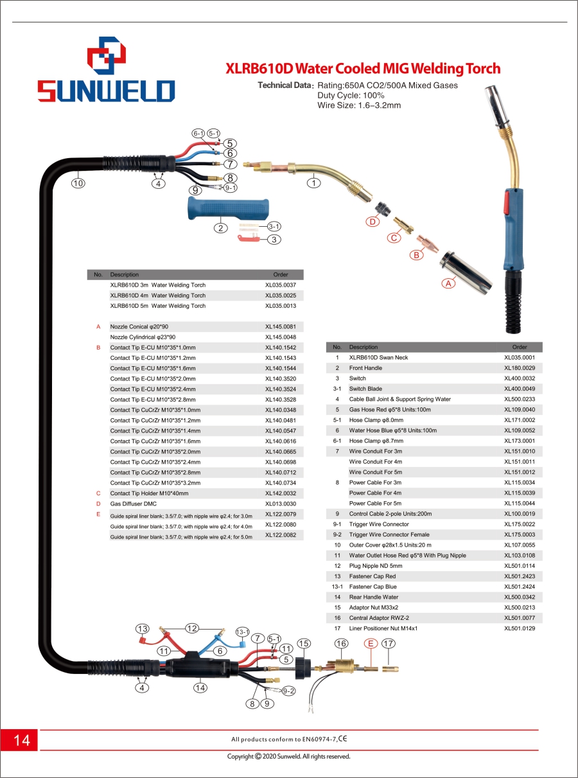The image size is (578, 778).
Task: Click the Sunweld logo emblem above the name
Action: [106, 55]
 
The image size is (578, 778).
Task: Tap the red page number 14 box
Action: [19, 740]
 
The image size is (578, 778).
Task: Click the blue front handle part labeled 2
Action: [229, 208]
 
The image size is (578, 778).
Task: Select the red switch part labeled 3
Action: [249, 238]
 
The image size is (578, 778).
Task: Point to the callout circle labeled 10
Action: [78, 182]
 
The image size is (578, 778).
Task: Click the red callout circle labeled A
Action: [448, 283]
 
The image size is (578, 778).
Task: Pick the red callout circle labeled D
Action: [372, 222]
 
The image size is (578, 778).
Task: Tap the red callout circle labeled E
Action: [371, 643]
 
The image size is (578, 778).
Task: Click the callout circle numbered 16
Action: [341, 643]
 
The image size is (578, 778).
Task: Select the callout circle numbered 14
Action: [200, 687]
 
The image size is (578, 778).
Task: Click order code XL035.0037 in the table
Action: [280, 285]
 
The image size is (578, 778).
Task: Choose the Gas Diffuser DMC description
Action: [134, 504]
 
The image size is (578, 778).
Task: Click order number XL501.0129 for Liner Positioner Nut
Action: [520, 628]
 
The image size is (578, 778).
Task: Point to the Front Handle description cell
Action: [365, 368]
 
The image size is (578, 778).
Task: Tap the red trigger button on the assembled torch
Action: [506, 202]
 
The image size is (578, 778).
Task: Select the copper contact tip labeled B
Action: [427, 243]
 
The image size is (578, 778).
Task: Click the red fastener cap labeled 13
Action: [142, 641]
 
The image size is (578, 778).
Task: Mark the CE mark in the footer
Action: [343, 738]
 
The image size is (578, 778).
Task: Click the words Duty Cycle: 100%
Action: [351, 96]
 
